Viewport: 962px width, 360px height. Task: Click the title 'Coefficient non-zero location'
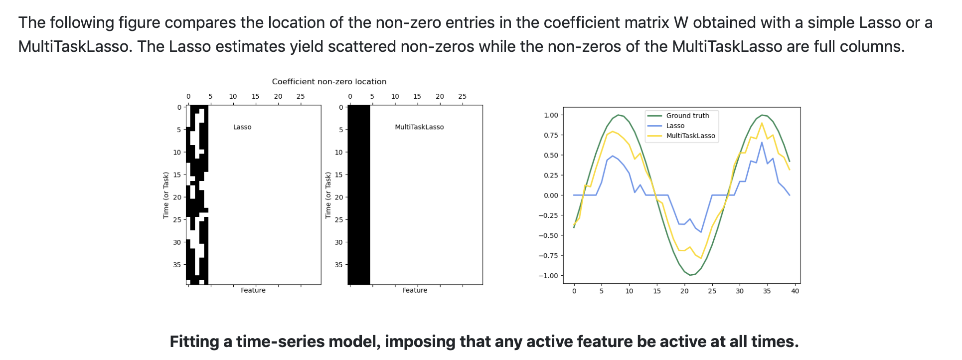[329, 82]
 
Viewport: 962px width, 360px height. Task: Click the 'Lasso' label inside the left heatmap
[242, 127]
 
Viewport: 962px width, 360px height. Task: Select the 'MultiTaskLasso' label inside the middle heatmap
[419, 127]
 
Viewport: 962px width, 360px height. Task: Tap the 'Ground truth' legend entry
[687, 116]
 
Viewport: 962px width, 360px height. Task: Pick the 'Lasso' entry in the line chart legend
[675, 126]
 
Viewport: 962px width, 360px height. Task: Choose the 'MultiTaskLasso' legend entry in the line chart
[690, 136]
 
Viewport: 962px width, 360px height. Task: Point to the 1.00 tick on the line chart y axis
[551, 115]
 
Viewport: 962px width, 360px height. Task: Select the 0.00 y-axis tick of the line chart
[551, 195]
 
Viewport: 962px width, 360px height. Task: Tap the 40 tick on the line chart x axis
[795, 291]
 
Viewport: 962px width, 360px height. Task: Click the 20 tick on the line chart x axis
[684, 291]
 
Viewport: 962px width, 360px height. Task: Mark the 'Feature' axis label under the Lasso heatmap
[253, 290]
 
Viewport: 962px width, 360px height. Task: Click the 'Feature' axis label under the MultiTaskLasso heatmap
[415, 290]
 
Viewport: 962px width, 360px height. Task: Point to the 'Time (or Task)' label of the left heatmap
[166, 195]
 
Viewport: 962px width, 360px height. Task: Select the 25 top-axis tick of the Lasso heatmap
[301, 96]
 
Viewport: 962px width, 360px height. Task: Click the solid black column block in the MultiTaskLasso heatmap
[359, 195]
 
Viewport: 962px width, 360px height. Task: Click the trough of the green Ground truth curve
[690, 275]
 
